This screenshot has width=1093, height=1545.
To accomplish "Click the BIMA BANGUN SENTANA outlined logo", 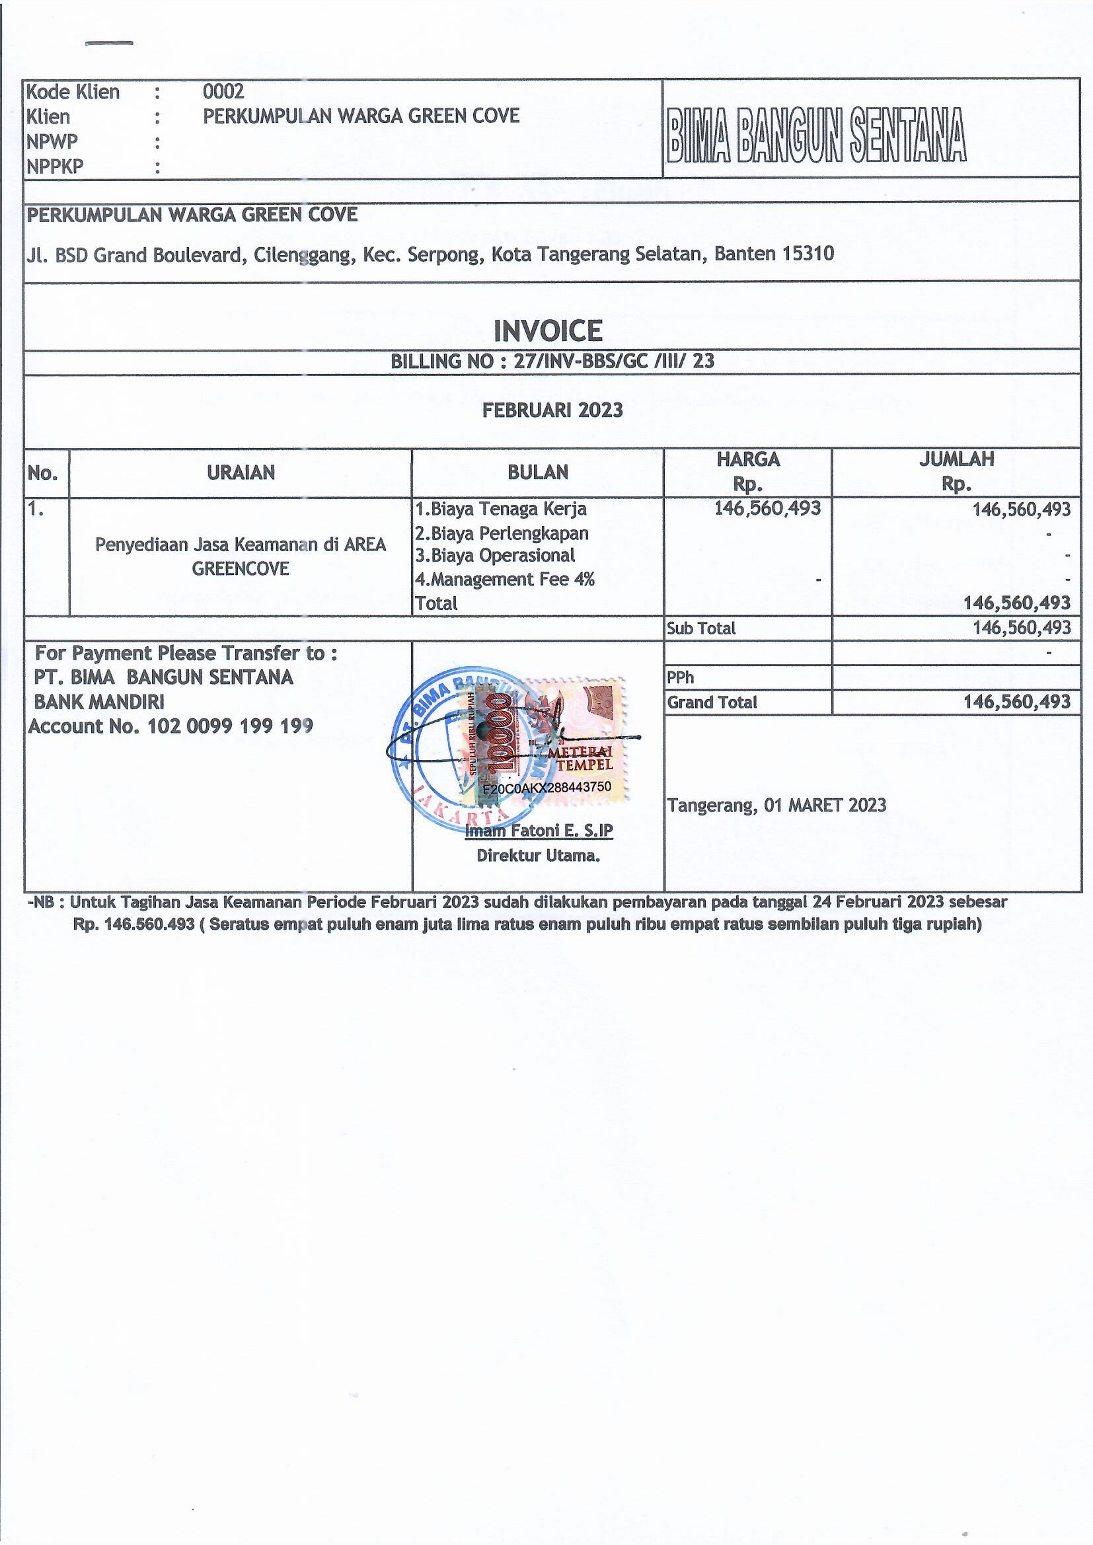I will click(816, 135).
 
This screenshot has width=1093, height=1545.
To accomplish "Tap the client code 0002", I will click(223, 91).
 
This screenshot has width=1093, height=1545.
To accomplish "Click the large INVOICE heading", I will click(548, 330).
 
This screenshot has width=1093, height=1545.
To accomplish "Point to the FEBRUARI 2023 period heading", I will click(552, 410).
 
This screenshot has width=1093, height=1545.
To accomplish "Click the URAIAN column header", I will click(241, 472).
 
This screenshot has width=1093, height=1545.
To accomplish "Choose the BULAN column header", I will click(538, 472).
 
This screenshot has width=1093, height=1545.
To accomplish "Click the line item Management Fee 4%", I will click(505, 579).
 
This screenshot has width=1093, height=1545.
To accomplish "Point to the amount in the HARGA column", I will click(767, 508).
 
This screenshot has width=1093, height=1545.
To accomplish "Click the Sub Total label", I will click(700, 628).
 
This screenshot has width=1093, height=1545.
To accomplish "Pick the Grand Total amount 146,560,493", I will click(1016, 702).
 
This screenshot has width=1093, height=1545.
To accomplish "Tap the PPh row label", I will click(680, 677).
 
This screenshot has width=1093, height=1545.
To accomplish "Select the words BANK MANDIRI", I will click(99, 702).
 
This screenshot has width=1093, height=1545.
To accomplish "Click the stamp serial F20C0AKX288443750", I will click(546, 786).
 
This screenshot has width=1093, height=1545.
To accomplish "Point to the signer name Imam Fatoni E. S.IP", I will click(539, 831).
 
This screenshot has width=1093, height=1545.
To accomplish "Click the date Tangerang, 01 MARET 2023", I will click(776, 805).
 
